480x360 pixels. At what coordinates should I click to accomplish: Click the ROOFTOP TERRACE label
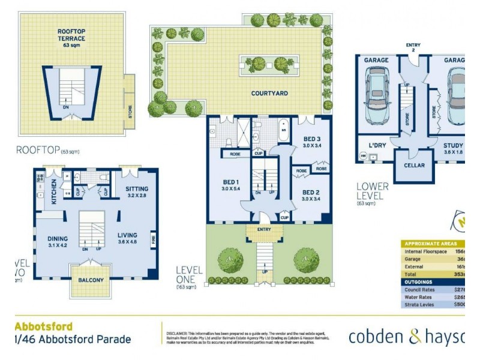click(x=71, y=34)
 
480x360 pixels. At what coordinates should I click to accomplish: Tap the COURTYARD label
click(x=269, y=94)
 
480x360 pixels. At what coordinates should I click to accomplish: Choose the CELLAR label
click(x=414, y=166)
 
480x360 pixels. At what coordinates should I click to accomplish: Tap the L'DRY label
click(x=376, y=145)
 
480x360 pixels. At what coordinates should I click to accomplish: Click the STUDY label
click(x=452, y=146)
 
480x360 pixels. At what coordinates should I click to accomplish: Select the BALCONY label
click(x=90, y=280)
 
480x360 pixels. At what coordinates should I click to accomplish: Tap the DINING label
click(x=58, y=238)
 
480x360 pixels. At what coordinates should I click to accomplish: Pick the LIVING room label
click(x=127, y=235)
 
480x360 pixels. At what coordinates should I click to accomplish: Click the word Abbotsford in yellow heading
click(x=44, y=327)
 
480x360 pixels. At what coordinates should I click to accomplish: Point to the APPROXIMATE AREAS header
click(x=433, y=244)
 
